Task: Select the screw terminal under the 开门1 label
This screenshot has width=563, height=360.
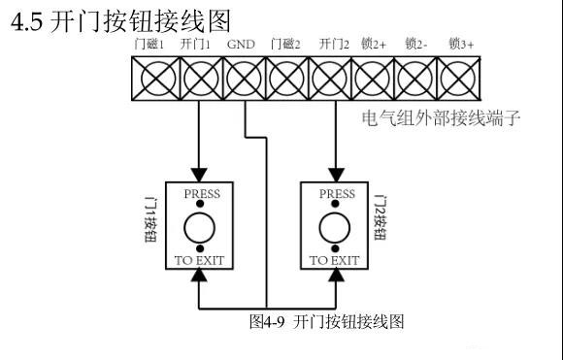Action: click(200, 77)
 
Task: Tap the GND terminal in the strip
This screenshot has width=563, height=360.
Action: click(243, 77)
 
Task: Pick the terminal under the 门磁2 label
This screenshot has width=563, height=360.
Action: click(285, 77)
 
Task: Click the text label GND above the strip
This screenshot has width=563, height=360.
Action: click(240, 45)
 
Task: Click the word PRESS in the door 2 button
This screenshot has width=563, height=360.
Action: click(337, 194)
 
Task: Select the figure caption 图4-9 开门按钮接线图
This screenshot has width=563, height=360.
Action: click(325, 320)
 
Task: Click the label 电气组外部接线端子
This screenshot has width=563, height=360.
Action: click(442, 119)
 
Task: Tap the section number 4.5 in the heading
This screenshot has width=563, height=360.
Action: click(27, 20)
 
